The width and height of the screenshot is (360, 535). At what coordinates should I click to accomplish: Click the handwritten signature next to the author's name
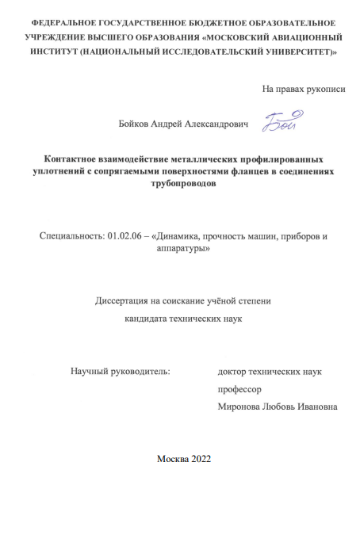point(278,121)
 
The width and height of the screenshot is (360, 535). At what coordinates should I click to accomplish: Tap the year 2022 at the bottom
point(197,460)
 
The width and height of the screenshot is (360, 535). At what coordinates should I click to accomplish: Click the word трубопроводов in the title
point(179,183)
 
